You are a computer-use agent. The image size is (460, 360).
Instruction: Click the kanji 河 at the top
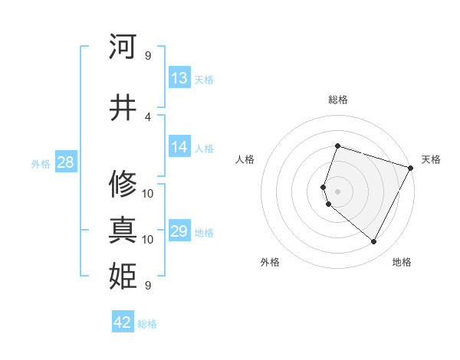123,47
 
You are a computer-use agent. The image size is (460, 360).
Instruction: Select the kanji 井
123,108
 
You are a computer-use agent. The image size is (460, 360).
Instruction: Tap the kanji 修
123,185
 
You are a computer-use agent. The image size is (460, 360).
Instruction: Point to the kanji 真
123,231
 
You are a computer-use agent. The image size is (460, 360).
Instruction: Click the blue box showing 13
179,78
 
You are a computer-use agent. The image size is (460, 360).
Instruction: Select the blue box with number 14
179,147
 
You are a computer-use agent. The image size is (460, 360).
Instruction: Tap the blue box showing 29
179,231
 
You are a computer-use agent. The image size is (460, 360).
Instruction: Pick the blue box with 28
65,162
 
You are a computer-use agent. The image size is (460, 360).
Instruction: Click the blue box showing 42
123,322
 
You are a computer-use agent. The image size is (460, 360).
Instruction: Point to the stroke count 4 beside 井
147,116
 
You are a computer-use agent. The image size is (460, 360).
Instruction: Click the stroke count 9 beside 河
147,55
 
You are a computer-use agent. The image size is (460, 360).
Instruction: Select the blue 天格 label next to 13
203,79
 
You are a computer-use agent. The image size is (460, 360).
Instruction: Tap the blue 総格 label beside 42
147,324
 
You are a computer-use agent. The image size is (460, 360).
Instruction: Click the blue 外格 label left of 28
41,163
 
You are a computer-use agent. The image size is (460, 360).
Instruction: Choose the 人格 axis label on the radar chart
245,159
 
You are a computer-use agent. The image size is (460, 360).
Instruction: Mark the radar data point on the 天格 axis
411,168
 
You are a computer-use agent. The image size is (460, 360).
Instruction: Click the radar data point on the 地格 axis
374,242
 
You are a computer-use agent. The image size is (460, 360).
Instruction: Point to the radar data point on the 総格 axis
337,146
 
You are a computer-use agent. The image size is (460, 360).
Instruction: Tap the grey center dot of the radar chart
337,191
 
